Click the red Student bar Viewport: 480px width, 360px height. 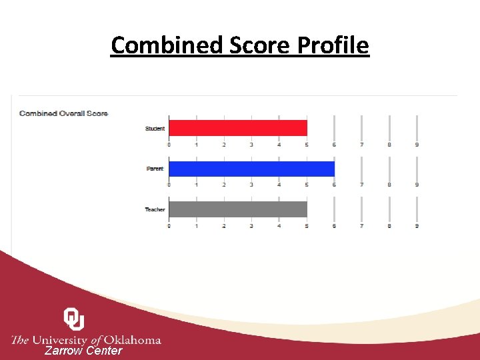click(237, 128)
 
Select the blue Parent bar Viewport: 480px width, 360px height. click(251, 169)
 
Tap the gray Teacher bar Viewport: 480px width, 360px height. click(237, 209)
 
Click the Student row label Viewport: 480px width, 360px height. click(155, 129)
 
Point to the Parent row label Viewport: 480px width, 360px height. click(155, 169)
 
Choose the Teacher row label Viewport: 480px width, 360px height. click(155, 210)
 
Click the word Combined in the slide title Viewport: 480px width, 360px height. click(157, 45)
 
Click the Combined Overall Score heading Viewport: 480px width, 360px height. click(63, 113)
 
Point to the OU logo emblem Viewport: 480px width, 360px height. click(74, 319)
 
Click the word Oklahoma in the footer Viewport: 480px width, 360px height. click(133, 340)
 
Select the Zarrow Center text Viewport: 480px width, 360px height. click(83, 351)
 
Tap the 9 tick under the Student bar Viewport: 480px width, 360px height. click(417, 145)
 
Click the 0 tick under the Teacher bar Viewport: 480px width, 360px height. click(169, 226)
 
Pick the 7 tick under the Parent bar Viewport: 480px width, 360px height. click(362, 185)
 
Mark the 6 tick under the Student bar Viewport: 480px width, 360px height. click(334, 145)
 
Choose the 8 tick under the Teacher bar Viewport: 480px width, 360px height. click(389, 226)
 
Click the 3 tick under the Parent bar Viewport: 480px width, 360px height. click(251, 185)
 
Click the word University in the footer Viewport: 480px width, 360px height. click(63, 340)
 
